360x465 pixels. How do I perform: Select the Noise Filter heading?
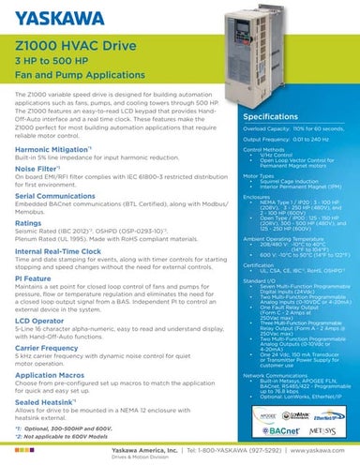coord(40,170)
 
